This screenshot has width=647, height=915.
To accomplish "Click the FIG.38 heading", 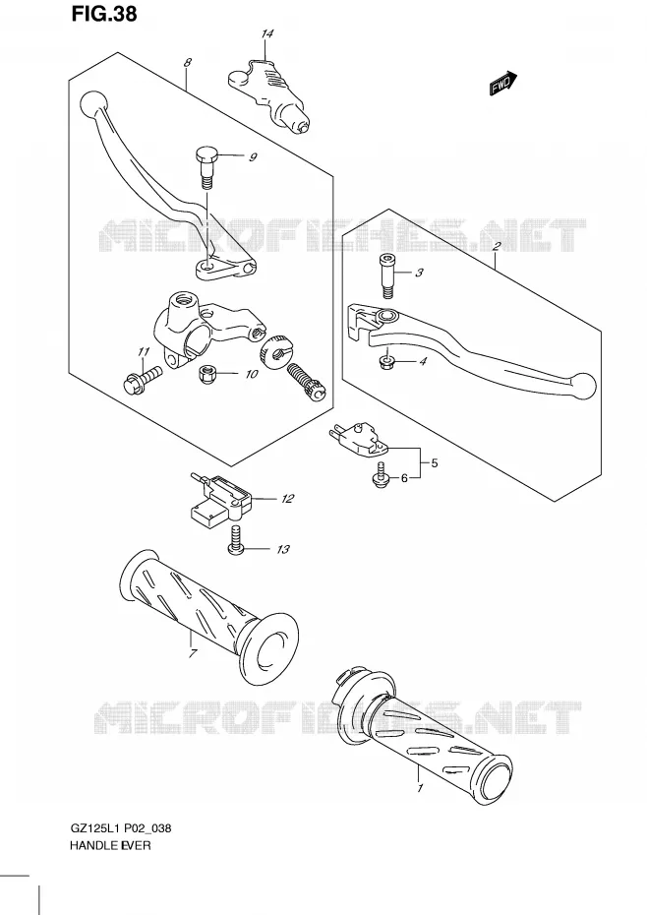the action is coord(104,14).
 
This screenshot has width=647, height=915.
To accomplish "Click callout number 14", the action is coord(266,33).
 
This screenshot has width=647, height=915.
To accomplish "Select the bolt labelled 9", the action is coord(205,165).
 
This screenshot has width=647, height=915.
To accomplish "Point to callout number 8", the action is coord(187,62).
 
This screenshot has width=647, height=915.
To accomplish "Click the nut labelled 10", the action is coord(206,374).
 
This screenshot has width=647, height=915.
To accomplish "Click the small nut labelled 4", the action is coord(387,363).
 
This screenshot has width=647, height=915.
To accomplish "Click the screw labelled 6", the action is coord(382,473).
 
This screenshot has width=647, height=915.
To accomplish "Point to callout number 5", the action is coord(434,463).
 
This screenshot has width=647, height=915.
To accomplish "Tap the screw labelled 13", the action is coord(235,540).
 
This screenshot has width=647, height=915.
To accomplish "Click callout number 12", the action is coord(287,499).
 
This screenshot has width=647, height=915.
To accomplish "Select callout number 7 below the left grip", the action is coord(193,652).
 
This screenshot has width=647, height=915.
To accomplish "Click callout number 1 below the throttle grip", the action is coord(420,788).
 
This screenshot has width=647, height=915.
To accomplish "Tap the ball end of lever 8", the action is coord(93,105).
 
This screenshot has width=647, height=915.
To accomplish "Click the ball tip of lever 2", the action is coord(584,387).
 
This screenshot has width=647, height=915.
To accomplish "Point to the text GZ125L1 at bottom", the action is coord(95,828).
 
